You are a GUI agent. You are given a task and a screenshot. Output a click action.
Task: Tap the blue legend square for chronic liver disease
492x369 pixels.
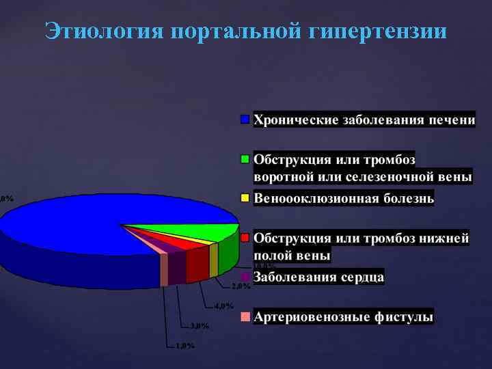(245, 120)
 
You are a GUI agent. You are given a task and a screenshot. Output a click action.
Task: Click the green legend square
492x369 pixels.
(245, 159)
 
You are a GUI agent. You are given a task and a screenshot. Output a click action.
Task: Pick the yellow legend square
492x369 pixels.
(245, 198)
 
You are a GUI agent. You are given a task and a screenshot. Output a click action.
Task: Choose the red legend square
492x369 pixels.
(245, 238)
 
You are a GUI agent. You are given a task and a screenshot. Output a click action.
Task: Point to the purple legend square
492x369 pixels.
(245, 277)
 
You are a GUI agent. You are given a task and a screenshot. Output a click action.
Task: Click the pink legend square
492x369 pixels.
(245, 317)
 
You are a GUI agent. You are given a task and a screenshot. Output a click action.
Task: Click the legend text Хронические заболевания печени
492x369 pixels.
(364, 120)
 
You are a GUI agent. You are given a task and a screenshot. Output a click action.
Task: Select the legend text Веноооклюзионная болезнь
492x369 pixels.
(344, 198)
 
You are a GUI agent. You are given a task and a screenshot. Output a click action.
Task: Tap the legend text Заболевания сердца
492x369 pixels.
(318, 277)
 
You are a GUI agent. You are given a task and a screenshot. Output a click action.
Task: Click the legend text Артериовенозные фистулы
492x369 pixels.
(343, 317)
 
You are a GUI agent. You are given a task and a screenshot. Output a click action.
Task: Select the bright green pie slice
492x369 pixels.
(205, 231)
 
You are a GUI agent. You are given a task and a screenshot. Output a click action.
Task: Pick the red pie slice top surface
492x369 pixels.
(181, 241)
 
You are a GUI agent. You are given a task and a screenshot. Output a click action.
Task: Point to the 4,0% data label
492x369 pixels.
(223, 305)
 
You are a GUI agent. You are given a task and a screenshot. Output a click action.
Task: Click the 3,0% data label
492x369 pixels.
(200, 325)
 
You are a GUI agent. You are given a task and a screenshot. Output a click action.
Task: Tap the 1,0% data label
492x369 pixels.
(184, 345)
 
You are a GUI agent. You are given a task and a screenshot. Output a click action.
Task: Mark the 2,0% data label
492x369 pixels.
(241, 286)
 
